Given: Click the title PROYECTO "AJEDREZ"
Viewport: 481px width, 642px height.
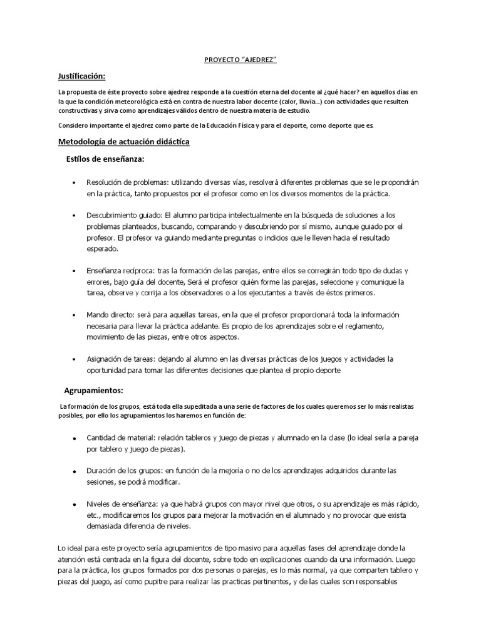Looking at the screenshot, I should coord(240,60).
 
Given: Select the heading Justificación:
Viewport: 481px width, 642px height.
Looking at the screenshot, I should coord(81,76).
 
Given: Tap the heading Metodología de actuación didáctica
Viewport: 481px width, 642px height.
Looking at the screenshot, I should coord(123,142).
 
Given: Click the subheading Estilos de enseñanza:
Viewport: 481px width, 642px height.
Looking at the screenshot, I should coord(105,159).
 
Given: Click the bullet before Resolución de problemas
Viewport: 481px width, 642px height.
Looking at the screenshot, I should coord(75,182).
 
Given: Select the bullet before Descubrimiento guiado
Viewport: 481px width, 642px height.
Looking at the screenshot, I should coord(75,216).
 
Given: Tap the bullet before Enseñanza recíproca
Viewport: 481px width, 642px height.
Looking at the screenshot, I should coord(75,271).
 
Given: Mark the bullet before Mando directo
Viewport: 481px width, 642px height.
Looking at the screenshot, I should coord(75,315).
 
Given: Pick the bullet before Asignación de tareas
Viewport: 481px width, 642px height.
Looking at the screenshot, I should coord(75,359).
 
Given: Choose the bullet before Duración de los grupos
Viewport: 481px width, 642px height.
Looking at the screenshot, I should coord(75,471).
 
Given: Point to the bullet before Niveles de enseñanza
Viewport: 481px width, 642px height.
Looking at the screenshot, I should coord(75,505).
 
